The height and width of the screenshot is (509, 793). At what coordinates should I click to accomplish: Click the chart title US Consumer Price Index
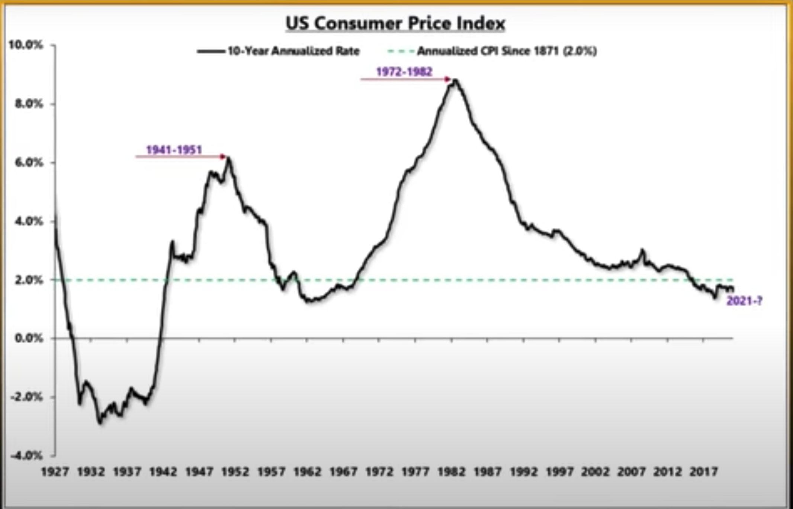click(395, 24)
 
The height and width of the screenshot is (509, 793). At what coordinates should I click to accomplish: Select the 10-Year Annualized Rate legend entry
click(293, 51)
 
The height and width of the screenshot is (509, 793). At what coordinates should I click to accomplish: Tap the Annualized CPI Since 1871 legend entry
click(507, 51)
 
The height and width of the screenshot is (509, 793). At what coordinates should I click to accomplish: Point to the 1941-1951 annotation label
click(174, 150)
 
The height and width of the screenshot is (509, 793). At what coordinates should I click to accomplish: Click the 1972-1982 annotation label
click(404, 72)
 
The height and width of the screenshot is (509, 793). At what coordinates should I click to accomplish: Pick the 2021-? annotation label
click(744, 301)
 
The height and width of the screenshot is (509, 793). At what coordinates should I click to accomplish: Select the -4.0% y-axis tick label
click(27, 455)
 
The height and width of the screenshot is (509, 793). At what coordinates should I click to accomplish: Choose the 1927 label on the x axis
click(55, 472)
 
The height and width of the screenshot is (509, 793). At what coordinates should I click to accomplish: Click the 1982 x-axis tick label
click(451, 472)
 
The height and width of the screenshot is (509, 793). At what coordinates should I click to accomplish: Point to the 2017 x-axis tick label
click(703, 472)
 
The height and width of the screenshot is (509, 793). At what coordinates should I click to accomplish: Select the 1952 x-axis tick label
click(235, 472)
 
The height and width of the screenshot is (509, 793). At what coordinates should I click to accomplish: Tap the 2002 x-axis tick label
click(595, 472)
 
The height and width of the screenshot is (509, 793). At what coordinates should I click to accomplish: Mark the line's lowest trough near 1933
click(100, 423)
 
